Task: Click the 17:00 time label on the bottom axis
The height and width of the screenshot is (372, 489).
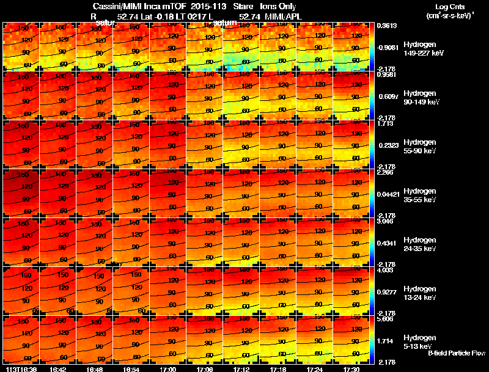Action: click(x=168, y=369)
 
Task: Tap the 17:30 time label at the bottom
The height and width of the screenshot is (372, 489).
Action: click(x=351, y=369)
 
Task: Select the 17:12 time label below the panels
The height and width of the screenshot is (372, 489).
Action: click(x=241, y=369)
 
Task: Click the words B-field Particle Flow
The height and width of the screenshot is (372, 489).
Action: click(x=457, y=353)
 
